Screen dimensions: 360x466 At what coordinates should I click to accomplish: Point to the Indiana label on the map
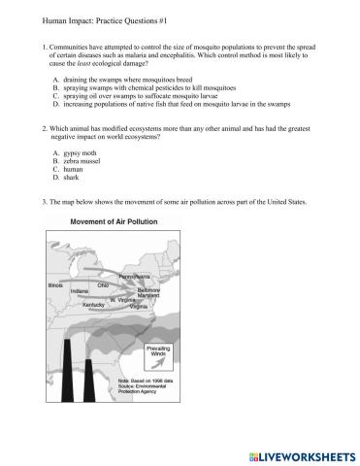81,290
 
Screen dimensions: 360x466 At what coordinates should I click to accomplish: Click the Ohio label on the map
103,283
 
